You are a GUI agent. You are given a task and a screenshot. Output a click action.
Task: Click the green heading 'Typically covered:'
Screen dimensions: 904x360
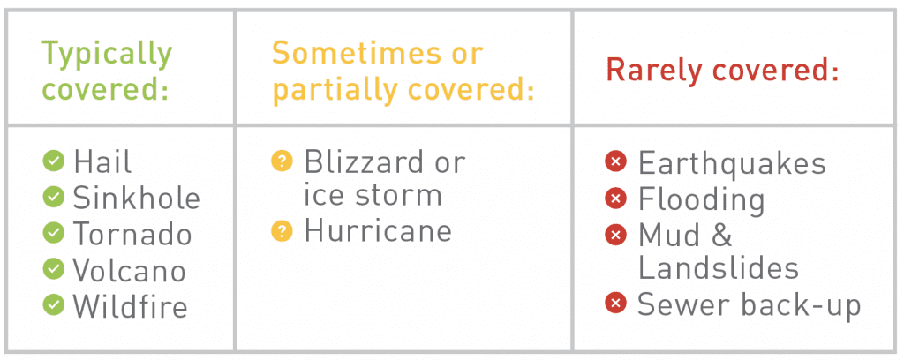(x=107, y=71)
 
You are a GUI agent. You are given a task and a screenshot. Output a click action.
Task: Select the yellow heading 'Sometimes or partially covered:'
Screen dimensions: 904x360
(x=403, y=71)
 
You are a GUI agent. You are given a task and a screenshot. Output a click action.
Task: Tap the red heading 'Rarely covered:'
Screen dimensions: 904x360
(x=722, y=71)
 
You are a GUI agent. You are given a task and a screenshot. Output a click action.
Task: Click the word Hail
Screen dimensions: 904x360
(x=102, y=161)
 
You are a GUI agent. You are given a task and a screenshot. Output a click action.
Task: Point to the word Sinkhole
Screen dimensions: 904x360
(x=137, y=198)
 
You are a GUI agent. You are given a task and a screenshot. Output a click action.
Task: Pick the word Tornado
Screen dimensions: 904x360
(x=132, y=234)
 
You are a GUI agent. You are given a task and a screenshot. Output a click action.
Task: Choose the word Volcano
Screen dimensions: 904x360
(x=130, y=270)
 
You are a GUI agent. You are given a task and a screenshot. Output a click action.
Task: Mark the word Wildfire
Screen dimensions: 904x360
(x=131, y=306)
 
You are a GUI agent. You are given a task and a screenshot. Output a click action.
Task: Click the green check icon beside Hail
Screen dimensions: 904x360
(x=54, y=161)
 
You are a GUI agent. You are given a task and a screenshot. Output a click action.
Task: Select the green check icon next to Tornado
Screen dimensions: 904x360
(x=54, y=233)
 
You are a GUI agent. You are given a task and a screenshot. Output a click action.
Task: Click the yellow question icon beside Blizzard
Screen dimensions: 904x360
(x=282, y=161)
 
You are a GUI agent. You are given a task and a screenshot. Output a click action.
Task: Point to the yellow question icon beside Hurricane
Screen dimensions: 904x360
(x=282, y=231)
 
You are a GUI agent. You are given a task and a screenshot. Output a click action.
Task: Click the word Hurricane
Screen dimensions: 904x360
(x=378, y=231)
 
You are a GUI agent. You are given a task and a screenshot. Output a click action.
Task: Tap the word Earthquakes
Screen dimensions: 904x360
(x=732, y=164)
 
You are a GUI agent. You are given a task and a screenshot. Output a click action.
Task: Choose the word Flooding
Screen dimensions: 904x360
(x=702, y=200)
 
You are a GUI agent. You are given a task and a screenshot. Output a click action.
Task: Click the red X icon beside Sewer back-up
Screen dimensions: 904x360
(x=615, y=304)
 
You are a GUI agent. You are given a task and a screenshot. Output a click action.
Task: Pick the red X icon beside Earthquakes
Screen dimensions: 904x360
(x=615, y=161)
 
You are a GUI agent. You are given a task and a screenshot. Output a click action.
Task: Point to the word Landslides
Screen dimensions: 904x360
(x=719, y=268)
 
